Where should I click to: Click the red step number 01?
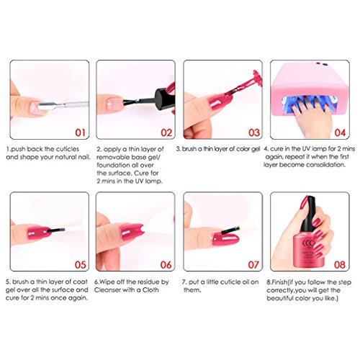point(80,132)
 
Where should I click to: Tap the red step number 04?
point(340,132)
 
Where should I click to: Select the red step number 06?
point(166,265)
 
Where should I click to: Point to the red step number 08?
point(340,265)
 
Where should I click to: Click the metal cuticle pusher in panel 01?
point(63,106)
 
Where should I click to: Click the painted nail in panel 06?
point(132,232)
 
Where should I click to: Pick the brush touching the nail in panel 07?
point(230,230)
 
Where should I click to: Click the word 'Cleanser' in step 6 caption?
point(107,290)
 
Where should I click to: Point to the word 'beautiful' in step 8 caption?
point(279,298)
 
